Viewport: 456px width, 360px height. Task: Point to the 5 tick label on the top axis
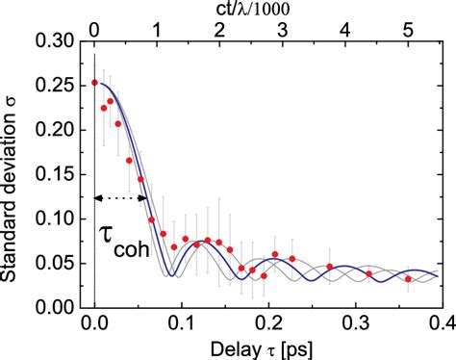click(x=408, y=29)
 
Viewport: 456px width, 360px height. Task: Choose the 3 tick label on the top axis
click(x=282, y=29)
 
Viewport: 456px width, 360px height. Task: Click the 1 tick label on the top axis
click(x=156, y=29)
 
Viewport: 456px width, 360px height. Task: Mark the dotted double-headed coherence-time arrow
click(x=120, y=198)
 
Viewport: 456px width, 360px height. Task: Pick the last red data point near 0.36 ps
click(x=408, y=279)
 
